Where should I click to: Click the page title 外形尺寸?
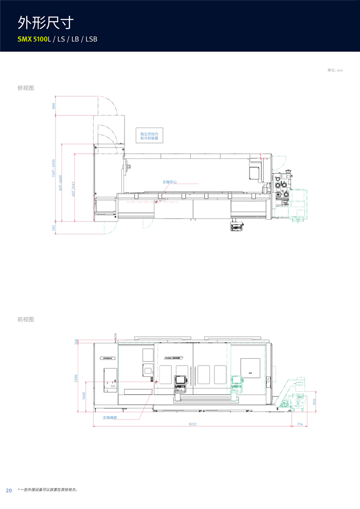click(45, 22)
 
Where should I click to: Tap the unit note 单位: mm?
click(335, 70)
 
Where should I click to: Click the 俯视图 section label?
click(26, 88)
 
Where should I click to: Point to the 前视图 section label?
click(26, 319)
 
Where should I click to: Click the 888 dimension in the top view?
click(53, 106)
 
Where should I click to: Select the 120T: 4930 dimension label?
click(53, 169)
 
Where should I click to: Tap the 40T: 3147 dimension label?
click(74, 189)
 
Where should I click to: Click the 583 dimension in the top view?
click(53, 228)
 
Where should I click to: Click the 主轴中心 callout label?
click(170, 182)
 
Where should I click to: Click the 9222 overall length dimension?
click(193, 424)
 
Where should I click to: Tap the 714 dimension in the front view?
click(300, 424)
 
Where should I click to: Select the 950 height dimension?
click(315, 402)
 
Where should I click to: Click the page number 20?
click(9, 490)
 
